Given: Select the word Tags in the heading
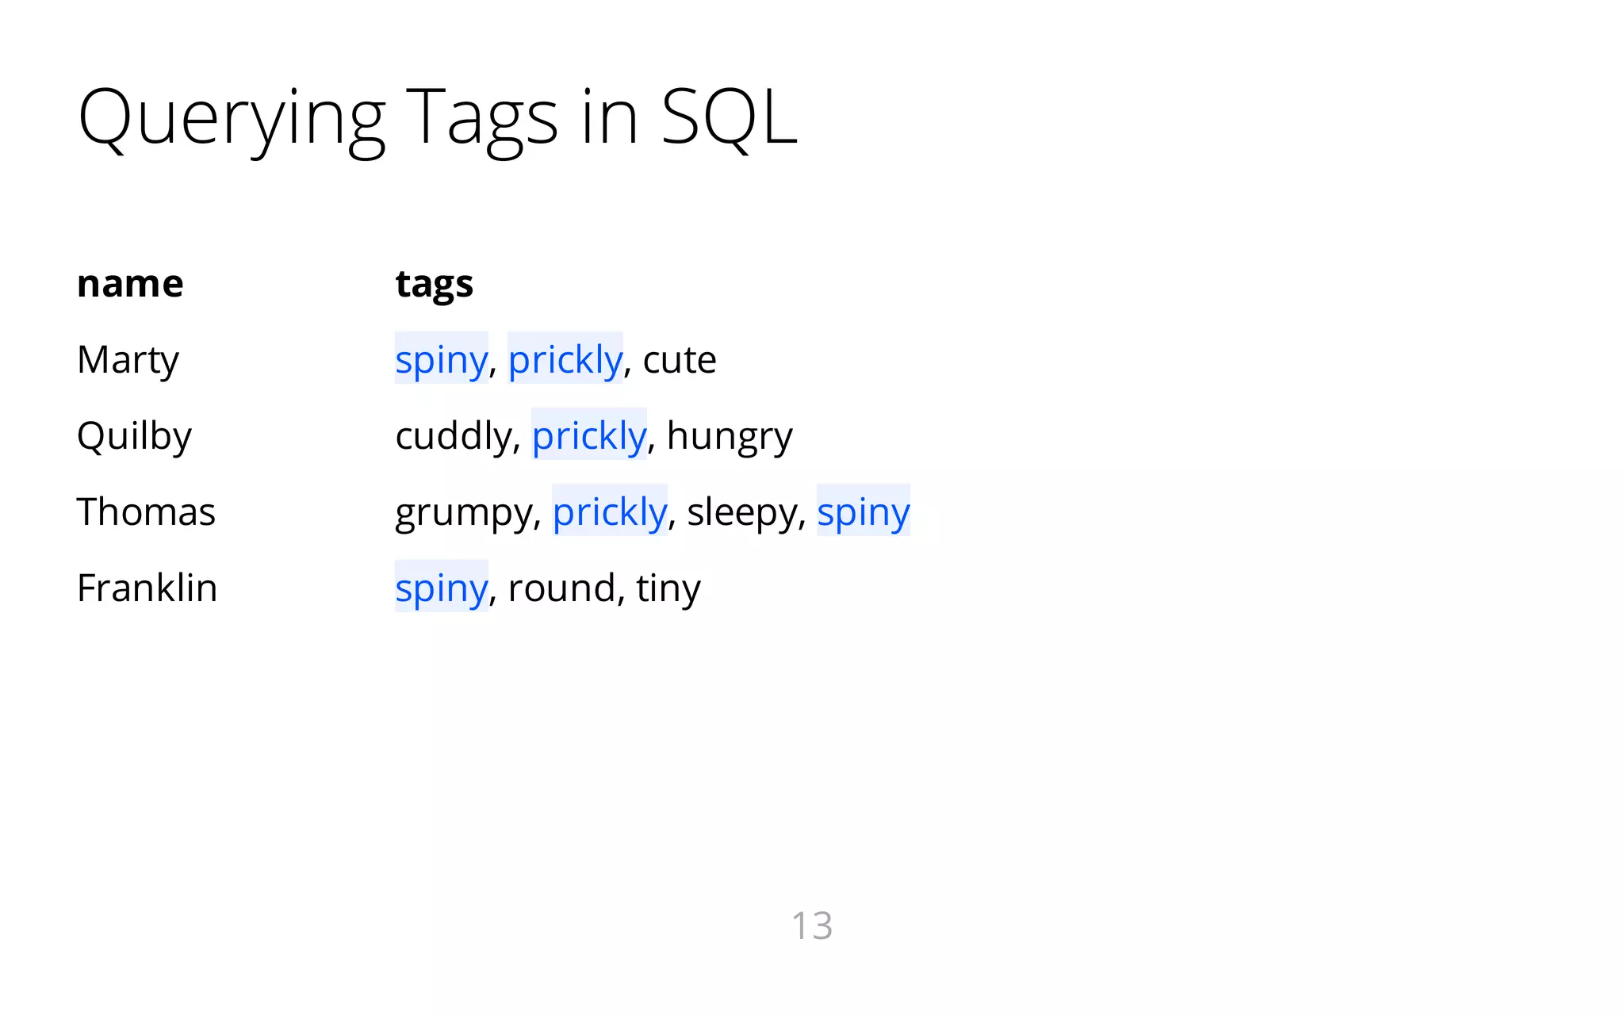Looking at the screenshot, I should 481,119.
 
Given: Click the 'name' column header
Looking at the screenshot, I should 130,284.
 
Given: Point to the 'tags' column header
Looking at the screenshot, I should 434,284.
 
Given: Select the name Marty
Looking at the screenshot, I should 128,360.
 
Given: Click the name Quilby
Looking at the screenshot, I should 134,436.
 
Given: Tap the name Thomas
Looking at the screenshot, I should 146,511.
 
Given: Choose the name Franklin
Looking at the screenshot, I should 147,588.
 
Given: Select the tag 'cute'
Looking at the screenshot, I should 680,360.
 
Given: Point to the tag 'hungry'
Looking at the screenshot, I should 730,436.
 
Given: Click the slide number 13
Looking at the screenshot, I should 812,925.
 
